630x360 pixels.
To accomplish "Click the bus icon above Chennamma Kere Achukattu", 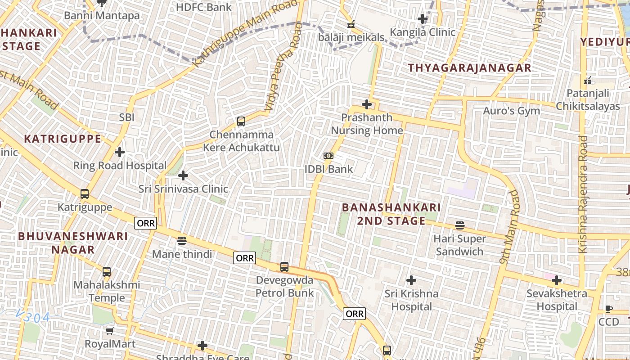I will tap(241, 121).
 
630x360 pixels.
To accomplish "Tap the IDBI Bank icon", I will tap(328, 156).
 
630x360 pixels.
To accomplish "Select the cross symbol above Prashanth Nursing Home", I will tap(367, 104).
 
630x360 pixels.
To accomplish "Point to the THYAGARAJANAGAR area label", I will tap(470, 68).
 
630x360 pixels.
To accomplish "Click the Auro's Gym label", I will tap(511, 111).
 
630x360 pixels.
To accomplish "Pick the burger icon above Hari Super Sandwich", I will tap(459, 225).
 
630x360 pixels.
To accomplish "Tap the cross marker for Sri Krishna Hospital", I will tap(411, 280).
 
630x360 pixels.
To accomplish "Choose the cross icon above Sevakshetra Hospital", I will tap(557, 280).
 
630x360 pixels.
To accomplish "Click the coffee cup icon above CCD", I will tap(608, 309).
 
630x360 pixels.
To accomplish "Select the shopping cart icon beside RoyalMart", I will tap(109, 331).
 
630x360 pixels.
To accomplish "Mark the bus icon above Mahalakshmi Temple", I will tap(107, 272).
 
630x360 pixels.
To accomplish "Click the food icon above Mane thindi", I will tap(181, 241).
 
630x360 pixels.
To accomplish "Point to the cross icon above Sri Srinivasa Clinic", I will tap(183, 175).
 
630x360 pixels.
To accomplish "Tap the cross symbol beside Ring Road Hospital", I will tap(120, 152).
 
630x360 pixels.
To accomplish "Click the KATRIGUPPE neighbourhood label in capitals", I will tap(63, 139).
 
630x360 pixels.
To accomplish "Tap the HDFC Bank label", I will tap(203, 7).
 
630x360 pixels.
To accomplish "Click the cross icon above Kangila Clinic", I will tap(422, 19).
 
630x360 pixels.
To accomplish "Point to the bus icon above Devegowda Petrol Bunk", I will tap(284, 266).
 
